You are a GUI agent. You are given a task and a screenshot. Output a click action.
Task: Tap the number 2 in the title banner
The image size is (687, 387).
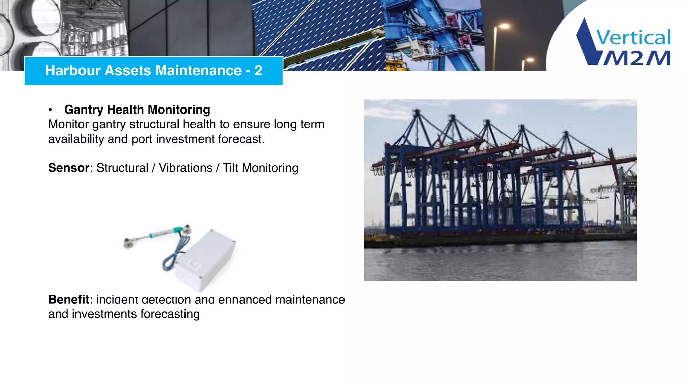click(258, 71)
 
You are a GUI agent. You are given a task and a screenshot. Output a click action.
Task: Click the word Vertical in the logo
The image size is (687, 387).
click(633, 38)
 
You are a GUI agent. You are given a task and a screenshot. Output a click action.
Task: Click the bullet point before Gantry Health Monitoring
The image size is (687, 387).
click(50, 110)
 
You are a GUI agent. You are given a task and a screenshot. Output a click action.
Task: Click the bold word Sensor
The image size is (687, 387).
click(69, 168)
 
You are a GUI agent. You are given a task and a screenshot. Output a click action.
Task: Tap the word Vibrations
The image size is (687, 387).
click(186, 168)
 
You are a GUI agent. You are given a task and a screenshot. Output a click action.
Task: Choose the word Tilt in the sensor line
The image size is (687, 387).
click(230, 168)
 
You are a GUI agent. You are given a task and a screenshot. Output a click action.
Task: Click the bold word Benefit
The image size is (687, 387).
click(69, 299)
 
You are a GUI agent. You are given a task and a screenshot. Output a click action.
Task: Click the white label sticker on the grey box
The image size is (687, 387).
click(193, 265)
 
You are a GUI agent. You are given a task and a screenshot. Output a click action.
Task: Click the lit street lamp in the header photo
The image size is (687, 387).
click(503, 26)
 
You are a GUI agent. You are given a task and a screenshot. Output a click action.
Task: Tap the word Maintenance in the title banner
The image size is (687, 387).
click(198, 71)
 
